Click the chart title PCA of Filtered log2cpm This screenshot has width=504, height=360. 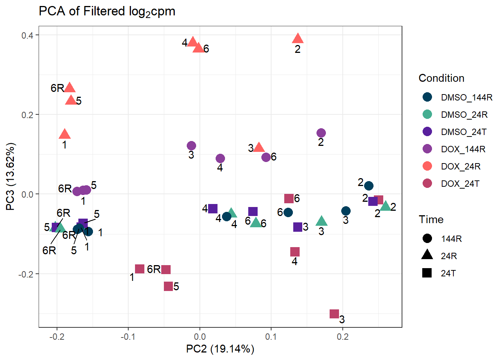tap(107, 12)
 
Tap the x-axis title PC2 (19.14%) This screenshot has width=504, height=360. tap(220, 349)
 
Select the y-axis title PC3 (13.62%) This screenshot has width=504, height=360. tap(10, 176)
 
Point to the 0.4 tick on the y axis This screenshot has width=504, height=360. tap(27, 35)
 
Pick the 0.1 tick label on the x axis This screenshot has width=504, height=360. tap(271, 336)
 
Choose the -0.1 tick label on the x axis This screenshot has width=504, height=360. tap(128, 336)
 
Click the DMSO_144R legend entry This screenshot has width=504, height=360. tap(466, 97)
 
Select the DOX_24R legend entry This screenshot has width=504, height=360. tap(460, 166)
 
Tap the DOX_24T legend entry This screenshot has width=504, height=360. tap(460, 184)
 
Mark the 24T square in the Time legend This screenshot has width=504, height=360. tap(427, 273)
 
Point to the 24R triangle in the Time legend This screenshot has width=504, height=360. tap(427, 255)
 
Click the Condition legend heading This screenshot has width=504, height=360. tap(441, 78)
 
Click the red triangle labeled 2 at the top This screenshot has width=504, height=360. tap(298, 38)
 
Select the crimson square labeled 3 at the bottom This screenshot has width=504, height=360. tap(334, 314)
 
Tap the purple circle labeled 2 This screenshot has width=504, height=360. tap(321, 133)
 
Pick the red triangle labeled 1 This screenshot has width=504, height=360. tap(65, 134)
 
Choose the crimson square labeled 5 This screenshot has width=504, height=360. tap(168, 286)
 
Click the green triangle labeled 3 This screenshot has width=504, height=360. tap(321, 221)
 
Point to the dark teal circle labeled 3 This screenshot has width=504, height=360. tap(346, 211)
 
